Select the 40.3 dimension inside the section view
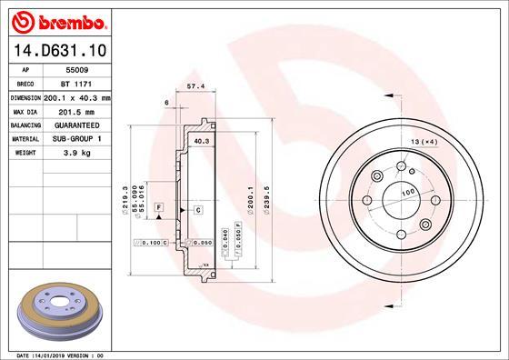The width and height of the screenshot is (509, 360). [x=202, y=142]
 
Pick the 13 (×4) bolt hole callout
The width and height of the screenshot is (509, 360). [x=424, y=143]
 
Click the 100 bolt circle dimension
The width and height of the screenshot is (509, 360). [x=408, y=192]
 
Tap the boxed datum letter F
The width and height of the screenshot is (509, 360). [x=158, y=209]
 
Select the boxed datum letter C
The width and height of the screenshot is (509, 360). [x=196, y=210]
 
